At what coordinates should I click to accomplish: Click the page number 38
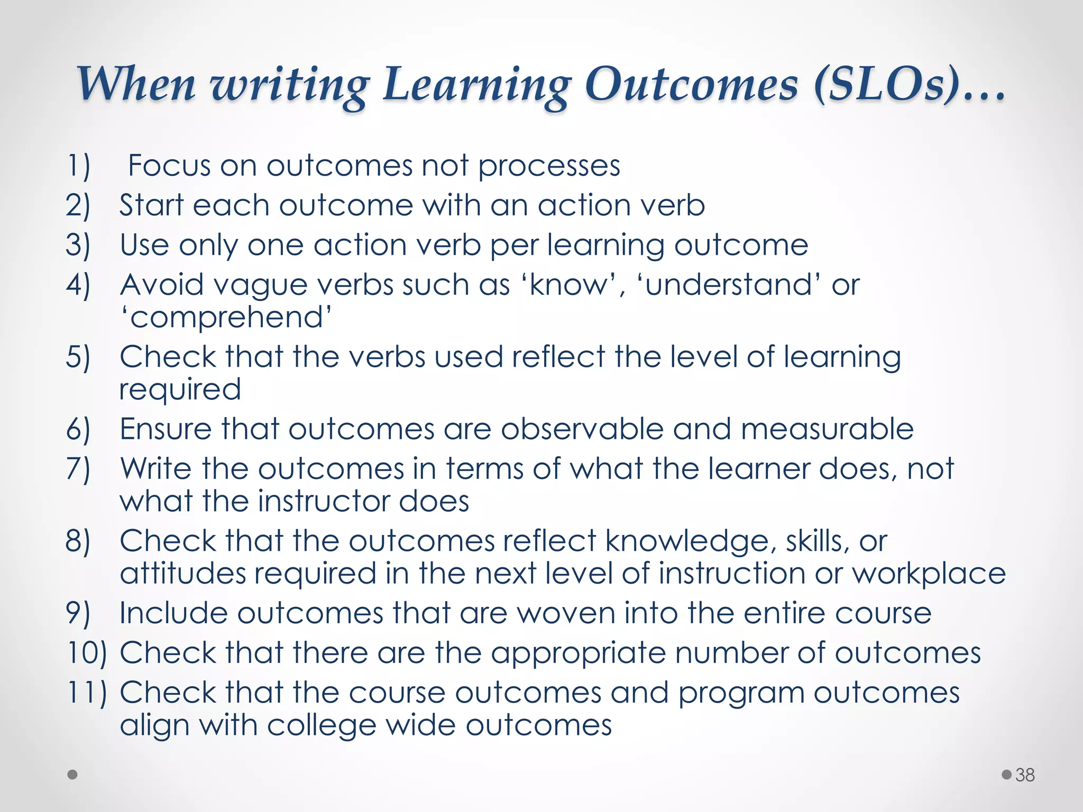click(1025, 775)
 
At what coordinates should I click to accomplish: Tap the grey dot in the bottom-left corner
click(73, 775)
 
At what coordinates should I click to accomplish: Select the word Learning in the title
click(476, 85)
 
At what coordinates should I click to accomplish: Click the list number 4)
click(78, 285)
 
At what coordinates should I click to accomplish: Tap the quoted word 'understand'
click(729, 285)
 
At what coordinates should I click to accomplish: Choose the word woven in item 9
click(566, 613)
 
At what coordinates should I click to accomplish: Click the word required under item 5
click(180, 390)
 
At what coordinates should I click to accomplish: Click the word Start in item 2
click(151, 205)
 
